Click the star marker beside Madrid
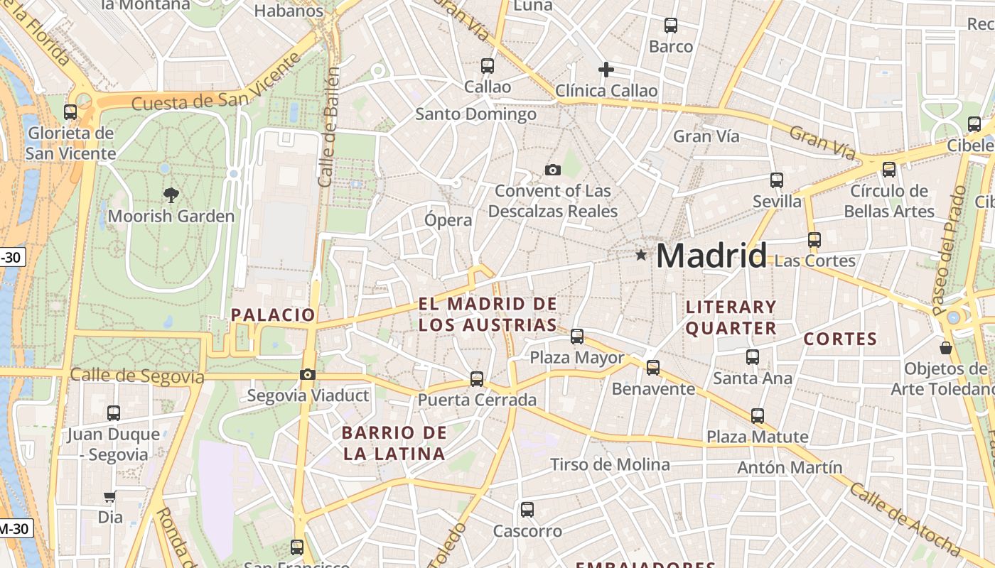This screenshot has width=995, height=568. tap(641, 255)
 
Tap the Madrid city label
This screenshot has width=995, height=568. tap(711, 256)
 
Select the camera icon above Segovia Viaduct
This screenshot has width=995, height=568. tap(308, 374)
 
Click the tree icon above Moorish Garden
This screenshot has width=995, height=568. tap(171, 195)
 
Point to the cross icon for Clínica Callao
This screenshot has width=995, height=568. tap(606, 70)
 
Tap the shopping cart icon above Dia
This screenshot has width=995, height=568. tap(110, 497)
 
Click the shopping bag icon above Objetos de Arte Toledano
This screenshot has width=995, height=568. tap(946, 348)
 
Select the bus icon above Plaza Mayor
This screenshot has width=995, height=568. tap(577, 337)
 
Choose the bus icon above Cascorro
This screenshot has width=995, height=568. tap(527, 510)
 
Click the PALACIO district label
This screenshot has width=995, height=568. tap(273, 315)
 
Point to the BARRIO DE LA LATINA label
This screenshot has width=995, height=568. tap(394, 443)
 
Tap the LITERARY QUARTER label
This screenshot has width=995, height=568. tap(731, 317)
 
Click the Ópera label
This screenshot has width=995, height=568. tap(448, 220)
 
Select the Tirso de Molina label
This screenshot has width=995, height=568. tap(610, 465)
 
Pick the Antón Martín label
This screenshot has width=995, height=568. tap(790, 467)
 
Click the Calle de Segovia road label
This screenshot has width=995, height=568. tap(137, 376)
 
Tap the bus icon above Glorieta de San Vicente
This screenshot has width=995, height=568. tap(70, 112)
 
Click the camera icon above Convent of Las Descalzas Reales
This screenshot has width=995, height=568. tap(552, 170)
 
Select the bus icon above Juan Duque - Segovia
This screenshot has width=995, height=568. tap(114, 413)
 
